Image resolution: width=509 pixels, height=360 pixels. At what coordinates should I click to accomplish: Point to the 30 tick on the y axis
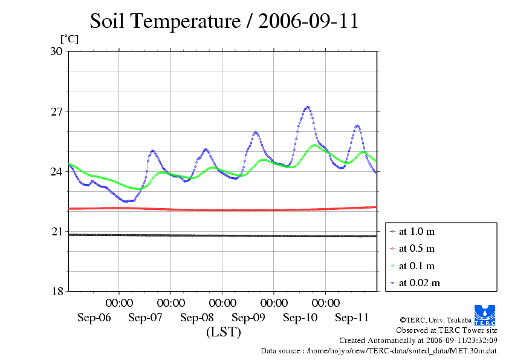(56, 51)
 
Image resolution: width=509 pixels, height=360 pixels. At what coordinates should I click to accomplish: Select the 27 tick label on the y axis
(56, 112)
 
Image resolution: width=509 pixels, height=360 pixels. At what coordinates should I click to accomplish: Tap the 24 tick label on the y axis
(56, 172)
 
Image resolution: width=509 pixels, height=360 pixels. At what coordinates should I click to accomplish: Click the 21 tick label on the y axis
(56, 232)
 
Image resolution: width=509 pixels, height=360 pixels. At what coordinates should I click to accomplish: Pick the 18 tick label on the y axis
(56, 292)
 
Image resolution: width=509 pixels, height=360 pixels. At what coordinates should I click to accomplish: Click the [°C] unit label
(69, 39)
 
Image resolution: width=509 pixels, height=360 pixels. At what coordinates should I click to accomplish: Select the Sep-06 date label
(94, 318)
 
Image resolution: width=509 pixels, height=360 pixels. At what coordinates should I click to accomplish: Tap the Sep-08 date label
(197, 318)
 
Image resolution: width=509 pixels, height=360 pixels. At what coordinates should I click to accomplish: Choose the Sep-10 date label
(300, 318)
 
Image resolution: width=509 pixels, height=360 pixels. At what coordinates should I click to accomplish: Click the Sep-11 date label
(352, 318)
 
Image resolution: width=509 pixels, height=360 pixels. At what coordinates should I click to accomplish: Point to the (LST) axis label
(223, 332)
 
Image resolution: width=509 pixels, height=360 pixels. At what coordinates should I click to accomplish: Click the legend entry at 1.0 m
(417, 232)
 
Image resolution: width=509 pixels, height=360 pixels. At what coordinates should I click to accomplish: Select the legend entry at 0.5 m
(417, 249)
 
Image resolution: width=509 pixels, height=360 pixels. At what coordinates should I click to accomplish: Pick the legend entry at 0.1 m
(417, 266)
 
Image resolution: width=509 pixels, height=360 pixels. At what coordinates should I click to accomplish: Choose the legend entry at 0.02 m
(419, 283)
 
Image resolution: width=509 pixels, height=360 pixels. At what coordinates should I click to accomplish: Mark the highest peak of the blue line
(308, 107)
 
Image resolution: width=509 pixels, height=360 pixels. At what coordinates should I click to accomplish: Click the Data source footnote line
(378, 350)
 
